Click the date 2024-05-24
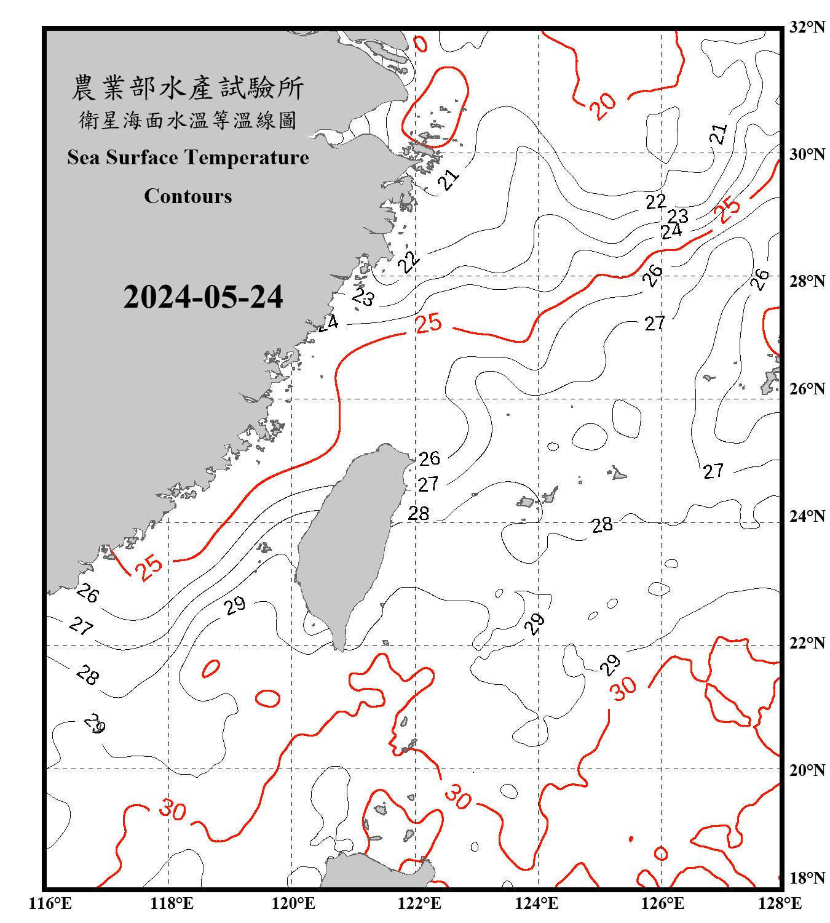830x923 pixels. [203, 297]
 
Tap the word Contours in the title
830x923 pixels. [188, 196]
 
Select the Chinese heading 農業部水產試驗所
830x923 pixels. [188, 88]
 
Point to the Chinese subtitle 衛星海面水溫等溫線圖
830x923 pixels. [188, 120]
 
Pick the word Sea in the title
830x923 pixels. [84, 158]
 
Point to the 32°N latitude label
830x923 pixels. [807, 27]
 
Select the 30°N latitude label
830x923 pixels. [807, 154]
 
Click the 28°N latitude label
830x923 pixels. [807, 281]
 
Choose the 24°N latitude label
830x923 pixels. [807, 516]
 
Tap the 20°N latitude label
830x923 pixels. [807, 770]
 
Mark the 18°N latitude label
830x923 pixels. [807, 878]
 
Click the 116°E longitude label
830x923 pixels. [50, 903]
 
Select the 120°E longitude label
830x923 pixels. [293, 903]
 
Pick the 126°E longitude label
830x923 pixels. [663, 903]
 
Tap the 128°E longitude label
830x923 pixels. [780, 903]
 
